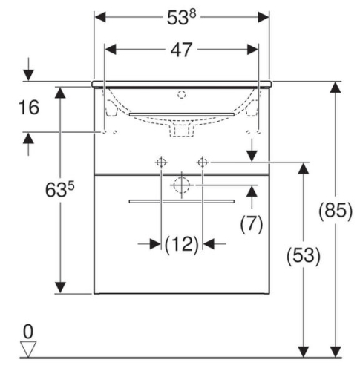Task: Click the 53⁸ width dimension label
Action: tap(181, 17)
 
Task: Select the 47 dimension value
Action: tap(181, 50)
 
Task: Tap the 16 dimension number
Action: tap(29, 108)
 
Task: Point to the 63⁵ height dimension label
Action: tap(59, 189)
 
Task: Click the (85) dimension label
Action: tap(336, 211)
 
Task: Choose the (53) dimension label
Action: tap(304, 255)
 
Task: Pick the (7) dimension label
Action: tap(252, 224)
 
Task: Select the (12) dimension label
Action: tap(182, 245)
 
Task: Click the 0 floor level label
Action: tap(28, 332)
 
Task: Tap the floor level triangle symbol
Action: tap(28, 349)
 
